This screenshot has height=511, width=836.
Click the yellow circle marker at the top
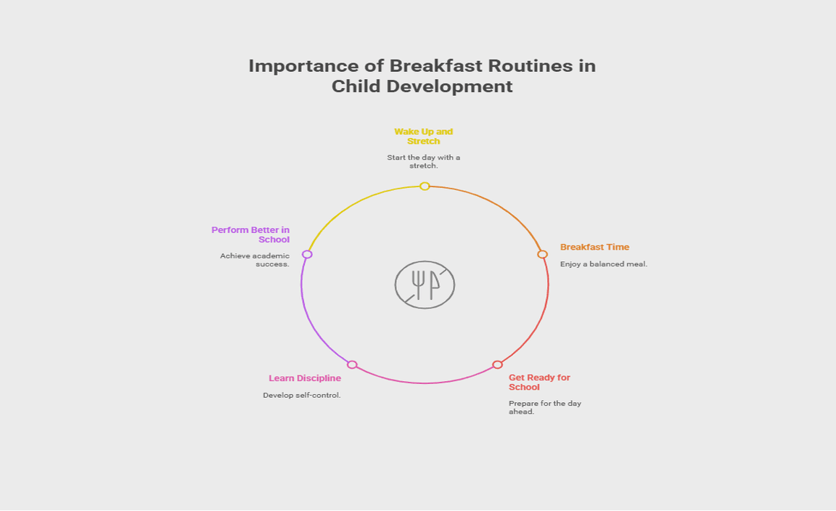425,186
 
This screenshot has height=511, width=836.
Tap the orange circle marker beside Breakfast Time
542,255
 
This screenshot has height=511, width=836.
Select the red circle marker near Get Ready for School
497,365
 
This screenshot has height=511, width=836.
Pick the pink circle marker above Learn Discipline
352,365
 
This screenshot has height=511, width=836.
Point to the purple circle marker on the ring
307,255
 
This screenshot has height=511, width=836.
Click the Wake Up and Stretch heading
423,136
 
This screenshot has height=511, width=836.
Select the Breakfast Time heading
594,247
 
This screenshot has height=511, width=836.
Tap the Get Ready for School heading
539,383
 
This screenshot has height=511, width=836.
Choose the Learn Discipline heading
305,378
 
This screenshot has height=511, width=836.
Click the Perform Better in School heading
250,234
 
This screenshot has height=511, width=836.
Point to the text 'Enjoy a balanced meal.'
604,264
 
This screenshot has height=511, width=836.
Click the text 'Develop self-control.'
302,396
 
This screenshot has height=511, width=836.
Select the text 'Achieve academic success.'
255,261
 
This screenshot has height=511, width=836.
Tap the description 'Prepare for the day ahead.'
544,407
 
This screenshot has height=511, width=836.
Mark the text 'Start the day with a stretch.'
423,162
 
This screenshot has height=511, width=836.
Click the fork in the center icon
419,285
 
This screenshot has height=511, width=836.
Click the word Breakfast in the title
435,66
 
